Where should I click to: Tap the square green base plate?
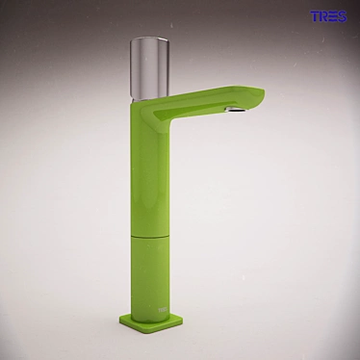tap(144, 321)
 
